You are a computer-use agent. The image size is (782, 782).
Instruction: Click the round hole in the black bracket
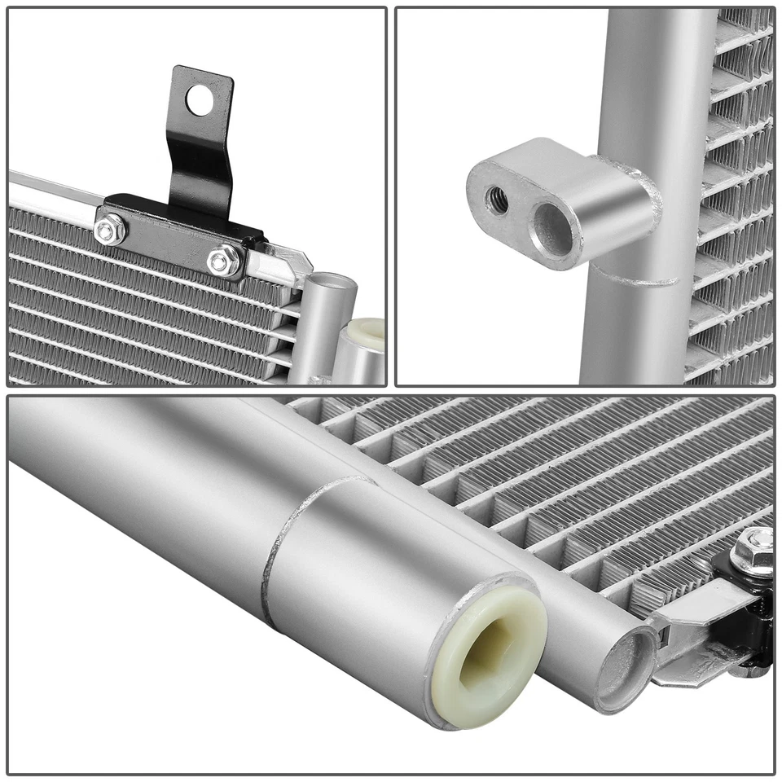click(200, 100)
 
